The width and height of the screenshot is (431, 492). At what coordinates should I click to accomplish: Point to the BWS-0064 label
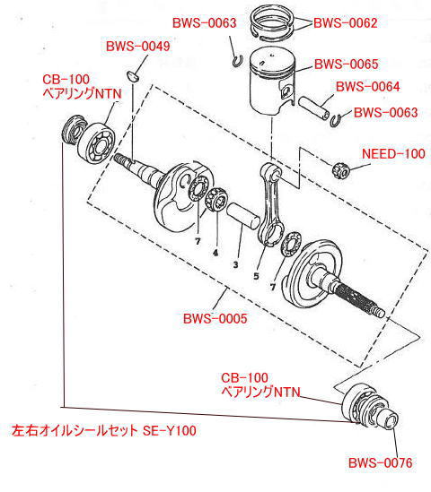367,87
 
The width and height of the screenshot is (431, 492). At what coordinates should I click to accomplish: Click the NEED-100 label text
392,154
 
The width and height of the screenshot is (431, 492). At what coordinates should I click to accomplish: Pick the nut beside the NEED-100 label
341,166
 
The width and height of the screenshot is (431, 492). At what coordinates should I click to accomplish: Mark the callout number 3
234,266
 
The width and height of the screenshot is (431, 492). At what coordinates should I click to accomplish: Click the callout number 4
215,253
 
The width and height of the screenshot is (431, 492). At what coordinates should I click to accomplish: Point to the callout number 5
256,276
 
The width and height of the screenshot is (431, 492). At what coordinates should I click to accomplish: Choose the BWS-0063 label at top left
204,23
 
